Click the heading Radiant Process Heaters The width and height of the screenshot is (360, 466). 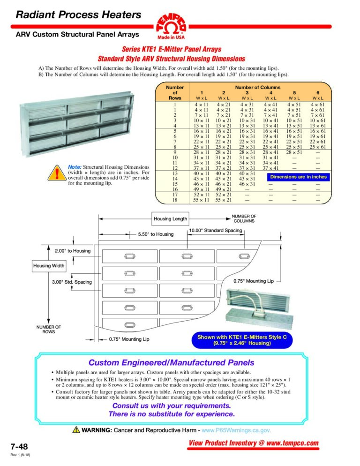(x=78, y=15)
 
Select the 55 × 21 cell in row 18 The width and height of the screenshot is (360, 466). (x=224, y=200)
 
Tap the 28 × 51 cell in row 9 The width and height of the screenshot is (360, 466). (x=294, y=152)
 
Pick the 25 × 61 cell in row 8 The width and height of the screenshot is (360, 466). (x=319, y=147)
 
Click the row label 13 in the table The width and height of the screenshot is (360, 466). (x=174, y=173)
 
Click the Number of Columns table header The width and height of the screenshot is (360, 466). (x=258, y=87)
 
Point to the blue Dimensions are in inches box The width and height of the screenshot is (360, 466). (x=298, y=177)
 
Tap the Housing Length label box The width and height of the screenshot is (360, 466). (x=170, y=218)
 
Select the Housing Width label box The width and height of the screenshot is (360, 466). (x=48, y=266)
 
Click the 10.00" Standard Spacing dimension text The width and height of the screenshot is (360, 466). (x=216, y=231)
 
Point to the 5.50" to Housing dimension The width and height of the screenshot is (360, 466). (x=155, y=234)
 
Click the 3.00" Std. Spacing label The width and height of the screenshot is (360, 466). (x=72, y=282)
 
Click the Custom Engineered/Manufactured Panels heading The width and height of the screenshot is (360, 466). (x=172, y=362)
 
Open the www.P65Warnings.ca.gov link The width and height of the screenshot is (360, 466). (x=236, y=430)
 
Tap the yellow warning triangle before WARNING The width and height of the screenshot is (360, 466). (x=76, y=429)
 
